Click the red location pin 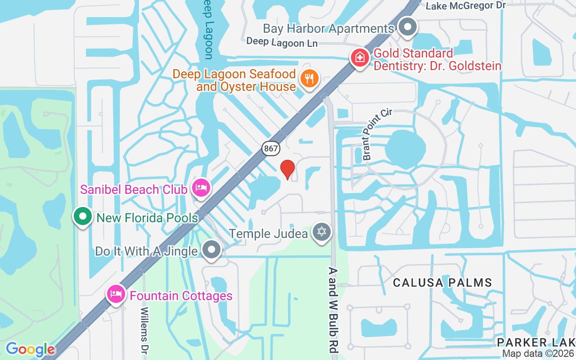(288, 170)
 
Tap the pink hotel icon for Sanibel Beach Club (201, 187)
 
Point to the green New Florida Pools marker (83, 216)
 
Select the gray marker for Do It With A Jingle (211, 249)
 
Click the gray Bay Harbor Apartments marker (408, 27)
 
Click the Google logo (30, 349)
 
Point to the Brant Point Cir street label (377, 134)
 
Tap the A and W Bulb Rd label (333, 310)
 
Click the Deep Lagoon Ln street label (282, 43)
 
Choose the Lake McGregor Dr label (466, 6)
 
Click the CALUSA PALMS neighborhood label (442, 283)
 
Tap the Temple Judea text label (268, 234)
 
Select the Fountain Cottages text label (181, 296)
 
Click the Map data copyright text (538, 354)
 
